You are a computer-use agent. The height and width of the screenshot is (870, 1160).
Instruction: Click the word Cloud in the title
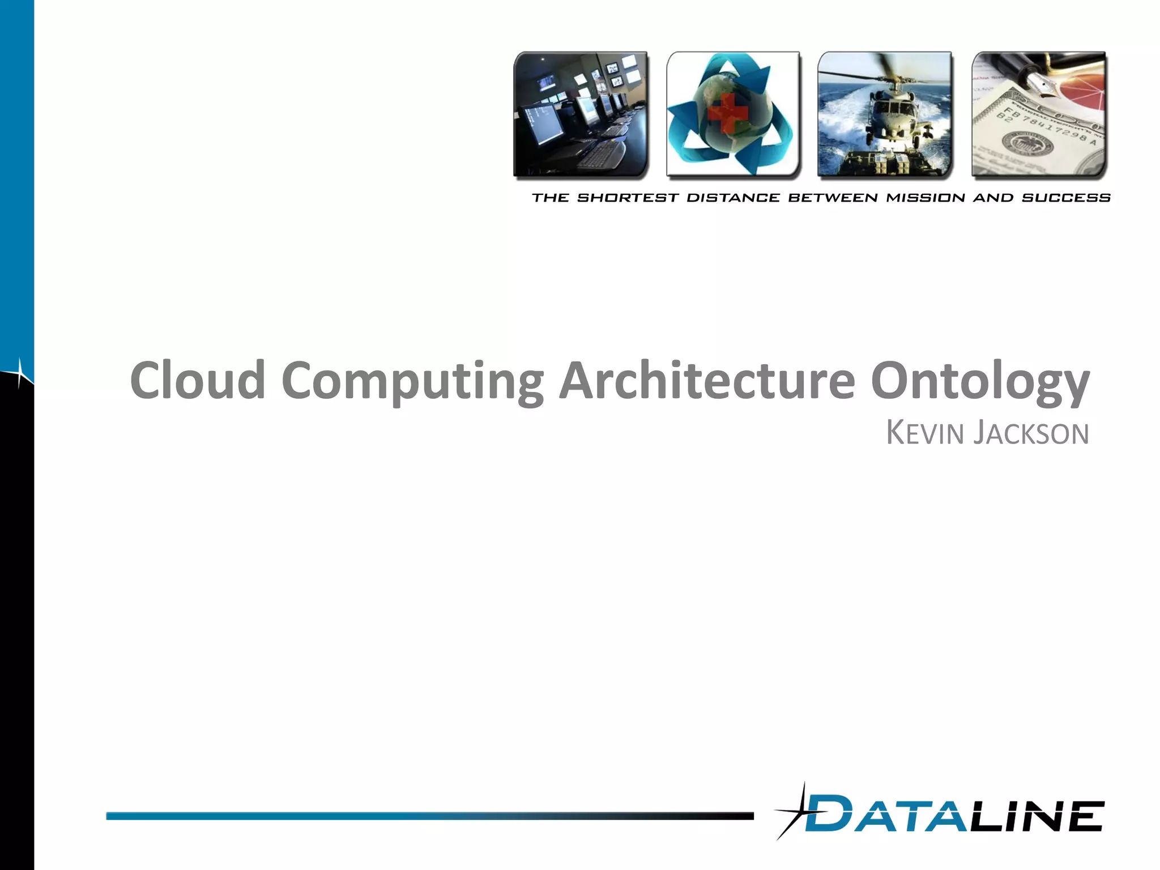click(x=198, y=380)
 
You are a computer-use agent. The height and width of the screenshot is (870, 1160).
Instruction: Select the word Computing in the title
click(x=412, y=381)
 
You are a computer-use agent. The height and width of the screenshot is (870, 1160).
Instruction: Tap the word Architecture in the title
click(x=707, y=380)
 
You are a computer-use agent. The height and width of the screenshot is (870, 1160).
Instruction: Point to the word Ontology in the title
click(x=980, y=381)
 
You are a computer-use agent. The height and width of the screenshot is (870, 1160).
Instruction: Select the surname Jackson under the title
click(x=1031, y=433)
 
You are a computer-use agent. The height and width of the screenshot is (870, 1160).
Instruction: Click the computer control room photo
click(x=581, y=115)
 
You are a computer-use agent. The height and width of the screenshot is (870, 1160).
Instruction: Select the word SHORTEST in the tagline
click(x=628, y=198)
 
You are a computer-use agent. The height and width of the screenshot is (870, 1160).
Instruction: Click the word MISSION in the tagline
click(x=926, y=198)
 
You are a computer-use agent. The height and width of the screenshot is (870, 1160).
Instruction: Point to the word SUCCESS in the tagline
click(x=1066, y=198)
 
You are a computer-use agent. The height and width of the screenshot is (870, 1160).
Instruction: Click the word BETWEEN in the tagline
click(x=833, y=198)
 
